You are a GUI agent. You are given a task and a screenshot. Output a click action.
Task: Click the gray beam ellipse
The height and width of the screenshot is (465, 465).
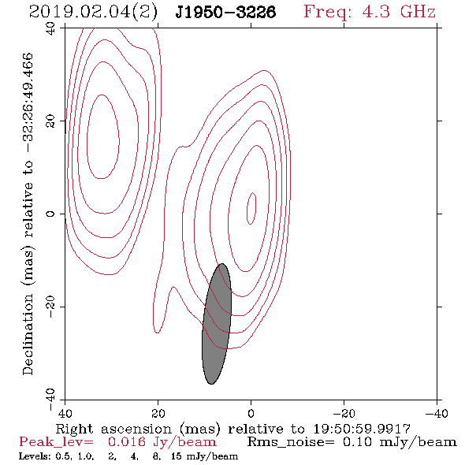pyautogui.click(x=217, y=324)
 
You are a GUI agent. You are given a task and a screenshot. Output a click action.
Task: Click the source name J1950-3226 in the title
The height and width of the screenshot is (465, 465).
pyautogui.click(x=225, y=13)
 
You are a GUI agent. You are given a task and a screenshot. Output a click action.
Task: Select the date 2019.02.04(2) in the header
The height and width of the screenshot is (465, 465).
pyautogui.click(x=93, y=13)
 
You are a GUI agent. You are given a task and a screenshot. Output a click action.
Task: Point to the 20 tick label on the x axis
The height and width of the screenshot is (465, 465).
pyautogui.click(x=158, y=414)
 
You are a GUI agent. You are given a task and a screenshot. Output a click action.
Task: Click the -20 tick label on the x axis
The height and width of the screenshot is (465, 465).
pyautogui.click(x=344, y=414)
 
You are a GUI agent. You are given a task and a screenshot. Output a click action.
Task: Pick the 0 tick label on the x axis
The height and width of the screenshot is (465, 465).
pyautogui.click(x=251, y=414)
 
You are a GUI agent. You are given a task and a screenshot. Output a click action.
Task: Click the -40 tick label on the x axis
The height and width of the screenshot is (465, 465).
pyautogui.click(x=437, y=414)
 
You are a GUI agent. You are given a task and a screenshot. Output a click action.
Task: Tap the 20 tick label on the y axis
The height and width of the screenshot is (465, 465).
pyautogui.click(x=50, y=121)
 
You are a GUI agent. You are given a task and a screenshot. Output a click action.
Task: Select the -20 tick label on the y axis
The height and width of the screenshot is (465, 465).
pyautogui.click(x=50, y=307)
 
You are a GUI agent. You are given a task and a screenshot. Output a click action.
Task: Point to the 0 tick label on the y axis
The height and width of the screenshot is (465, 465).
pyautogui.click(x=50, y=214)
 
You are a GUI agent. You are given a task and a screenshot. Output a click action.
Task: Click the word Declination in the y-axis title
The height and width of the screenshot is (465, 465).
pyautogui.click(x=28, y=334)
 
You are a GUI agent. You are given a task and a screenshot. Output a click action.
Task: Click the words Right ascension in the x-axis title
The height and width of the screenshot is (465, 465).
pyautogui.click(x=113, y=429)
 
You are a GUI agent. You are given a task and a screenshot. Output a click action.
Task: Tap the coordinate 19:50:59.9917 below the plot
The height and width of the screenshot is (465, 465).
pyautogui.click(x=362, y=429)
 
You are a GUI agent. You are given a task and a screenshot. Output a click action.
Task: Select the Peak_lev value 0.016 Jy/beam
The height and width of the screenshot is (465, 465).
pyautogui.click(x=162, y=442)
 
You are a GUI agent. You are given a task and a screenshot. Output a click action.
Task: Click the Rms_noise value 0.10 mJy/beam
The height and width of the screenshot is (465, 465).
pyautogui.click(x=400, y=442)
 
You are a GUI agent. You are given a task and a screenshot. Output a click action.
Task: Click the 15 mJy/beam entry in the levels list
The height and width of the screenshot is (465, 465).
pyautogui.click(x=204, y=456)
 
